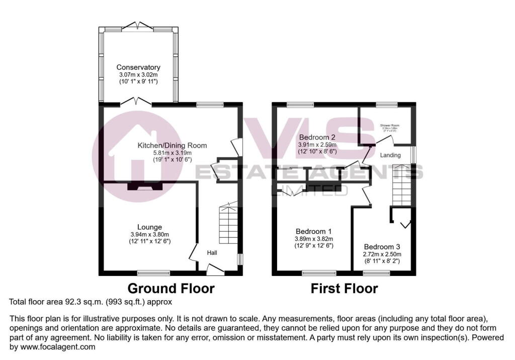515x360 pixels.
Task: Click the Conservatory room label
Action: [138, 67]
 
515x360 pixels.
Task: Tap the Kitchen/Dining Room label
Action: [173, 146]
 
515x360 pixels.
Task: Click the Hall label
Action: [212, 252]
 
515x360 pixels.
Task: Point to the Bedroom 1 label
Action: [314, 232]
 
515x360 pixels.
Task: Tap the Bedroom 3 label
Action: [382, 247]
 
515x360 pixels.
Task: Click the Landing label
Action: [391, 155]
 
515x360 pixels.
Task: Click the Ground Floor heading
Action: [171, 289]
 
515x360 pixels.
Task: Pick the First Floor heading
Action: [344, 289]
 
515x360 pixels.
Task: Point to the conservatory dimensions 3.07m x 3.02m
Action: [138, 74]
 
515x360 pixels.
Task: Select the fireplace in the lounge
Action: [145, 187]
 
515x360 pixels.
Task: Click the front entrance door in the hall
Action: [215, 271]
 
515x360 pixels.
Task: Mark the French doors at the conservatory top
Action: [138, 25]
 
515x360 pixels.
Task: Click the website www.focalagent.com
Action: [53, 347]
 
